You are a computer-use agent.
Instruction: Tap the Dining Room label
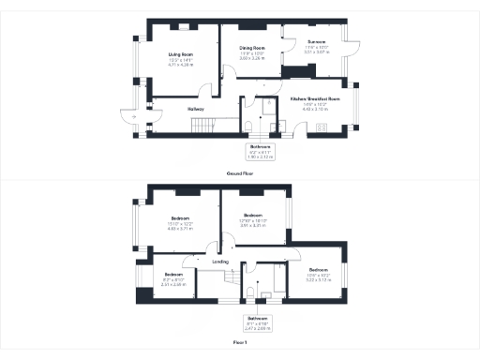[x=251, y=48]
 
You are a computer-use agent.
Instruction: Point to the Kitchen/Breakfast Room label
[x=314, y=98]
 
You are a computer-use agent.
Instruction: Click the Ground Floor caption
[x=240, y=173]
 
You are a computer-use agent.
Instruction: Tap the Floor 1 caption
[x=240, y=343]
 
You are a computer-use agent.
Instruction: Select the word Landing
[x=221, y=261]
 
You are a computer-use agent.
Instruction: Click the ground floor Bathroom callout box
[x=260, y=151]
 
